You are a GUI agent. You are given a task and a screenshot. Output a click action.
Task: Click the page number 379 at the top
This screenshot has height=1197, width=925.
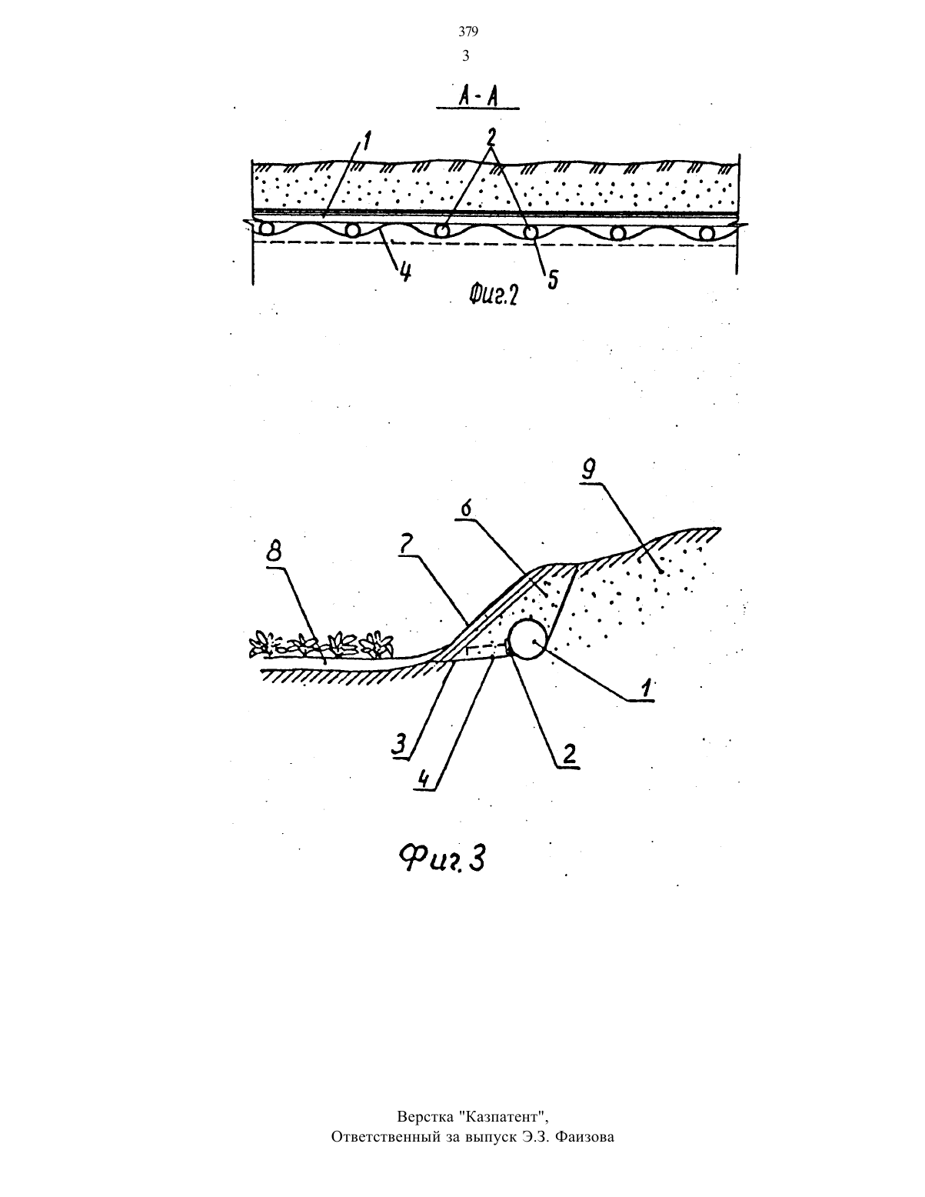(x=468, y=32)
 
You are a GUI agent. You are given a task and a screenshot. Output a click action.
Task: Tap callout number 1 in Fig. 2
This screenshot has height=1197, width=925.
(x=365, y=142)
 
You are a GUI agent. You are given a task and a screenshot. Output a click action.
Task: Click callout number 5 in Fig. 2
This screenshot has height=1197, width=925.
(x=552, y=278)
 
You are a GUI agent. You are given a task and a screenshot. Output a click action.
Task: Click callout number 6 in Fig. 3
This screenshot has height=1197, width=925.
(x=467, y=509)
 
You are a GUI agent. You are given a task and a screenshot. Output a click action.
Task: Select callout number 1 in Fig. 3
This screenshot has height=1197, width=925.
(x=645, y=688)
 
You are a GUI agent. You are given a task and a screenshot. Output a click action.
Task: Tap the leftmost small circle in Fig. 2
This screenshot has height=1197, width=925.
(x=268, y=228)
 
